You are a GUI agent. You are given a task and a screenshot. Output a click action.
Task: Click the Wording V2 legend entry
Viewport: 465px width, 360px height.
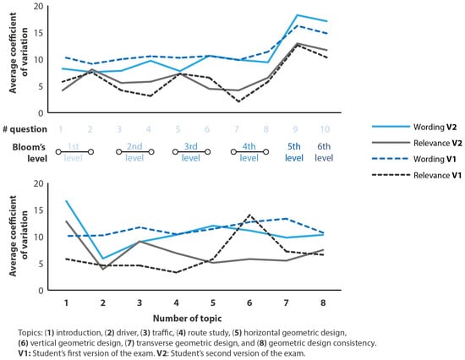click(414, 127)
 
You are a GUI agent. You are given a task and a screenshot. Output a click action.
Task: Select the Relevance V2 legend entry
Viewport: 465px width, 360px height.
click(417, 143)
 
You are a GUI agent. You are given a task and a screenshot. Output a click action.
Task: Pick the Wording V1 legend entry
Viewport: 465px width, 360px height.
click(414, 159)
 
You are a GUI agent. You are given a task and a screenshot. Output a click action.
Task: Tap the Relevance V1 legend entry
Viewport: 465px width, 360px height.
click(417, 175)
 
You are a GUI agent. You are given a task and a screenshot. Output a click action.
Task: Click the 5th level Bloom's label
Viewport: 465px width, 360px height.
click(294, 152)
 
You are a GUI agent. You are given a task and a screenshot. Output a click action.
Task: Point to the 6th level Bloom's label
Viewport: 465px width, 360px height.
click(324, 152)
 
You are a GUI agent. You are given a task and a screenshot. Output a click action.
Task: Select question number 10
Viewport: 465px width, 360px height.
click(325, 129)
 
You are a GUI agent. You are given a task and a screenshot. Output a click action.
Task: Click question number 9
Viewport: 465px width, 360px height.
click(295, 129)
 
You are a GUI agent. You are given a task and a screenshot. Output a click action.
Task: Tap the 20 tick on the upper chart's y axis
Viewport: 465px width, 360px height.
click(38, 6)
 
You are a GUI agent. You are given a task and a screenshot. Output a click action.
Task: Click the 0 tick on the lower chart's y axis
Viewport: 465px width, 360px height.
click(41, 291)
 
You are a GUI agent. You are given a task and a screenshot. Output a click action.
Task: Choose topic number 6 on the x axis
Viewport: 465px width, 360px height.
click(249, 303)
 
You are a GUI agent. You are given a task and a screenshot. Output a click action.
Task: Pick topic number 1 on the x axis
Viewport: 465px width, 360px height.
click(66, 303)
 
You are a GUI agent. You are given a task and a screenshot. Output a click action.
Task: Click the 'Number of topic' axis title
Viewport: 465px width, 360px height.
click(187, 319)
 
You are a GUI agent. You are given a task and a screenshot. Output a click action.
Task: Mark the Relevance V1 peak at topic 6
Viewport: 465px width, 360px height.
click(249, 215)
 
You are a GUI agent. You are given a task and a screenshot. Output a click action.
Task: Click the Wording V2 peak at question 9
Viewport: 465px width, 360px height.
click(297, 15)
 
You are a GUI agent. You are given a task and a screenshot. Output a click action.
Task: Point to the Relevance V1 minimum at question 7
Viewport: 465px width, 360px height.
click(238, 101)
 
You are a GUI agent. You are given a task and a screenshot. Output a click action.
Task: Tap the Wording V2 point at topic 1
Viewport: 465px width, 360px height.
click(66, 201)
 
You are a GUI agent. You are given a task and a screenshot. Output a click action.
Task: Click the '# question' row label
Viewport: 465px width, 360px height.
click(25, 129)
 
